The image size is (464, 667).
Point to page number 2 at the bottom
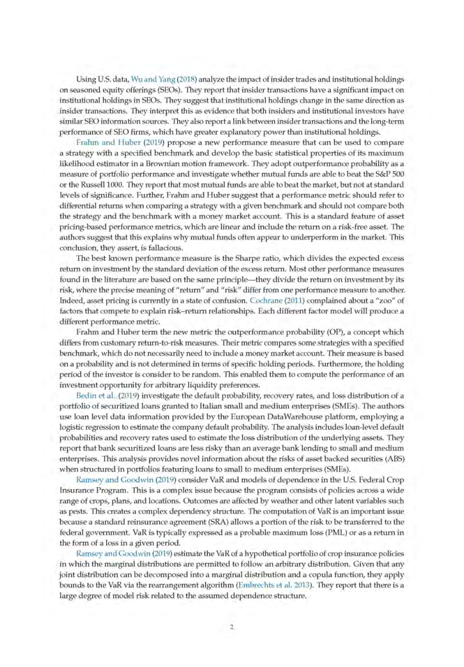tap(231, 626)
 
